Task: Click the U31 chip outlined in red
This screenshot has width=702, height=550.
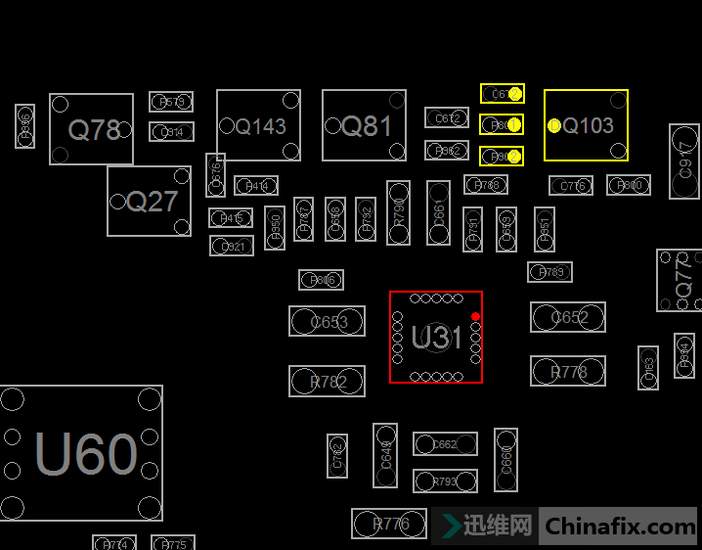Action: coord(435,338)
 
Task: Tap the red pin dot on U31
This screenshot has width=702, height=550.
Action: coord(475,316)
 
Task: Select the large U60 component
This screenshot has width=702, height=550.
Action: coord(82,453)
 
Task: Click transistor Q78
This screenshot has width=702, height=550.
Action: coord(92,129)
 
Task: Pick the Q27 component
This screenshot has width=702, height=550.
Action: coord(150,201)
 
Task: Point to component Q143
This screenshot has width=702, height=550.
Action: coord(258,125)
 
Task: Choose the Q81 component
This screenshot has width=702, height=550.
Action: coord(364,125)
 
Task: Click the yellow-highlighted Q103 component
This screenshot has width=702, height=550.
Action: coord(587,125)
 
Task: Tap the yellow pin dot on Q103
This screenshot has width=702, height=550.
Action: coord(554,125)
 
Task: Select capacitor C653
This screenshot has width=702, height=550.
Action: coord(327,321)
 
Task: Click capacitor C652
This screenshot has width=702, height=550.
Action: coord(568,317)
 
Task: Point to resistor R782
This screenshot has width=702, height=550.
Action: coord(327,382)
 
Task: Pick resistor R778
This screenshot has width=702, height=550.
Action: coord(568,371)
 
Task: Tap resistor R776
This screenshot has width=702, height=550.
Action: coord(390,524)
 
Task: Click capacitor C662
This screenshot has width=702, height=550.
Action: coord(445,444)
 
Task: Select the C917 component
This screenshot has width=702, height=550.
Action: coord(684,160)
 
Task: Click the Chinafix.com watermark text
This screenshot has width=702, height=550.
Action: coord(620,527)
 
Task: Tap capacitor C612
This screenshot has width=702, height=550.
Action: coord(447,117)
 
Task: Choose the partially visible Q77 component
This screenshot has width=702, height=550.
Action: coord(680,281)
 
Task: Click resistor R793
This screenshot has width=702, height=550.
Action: coord(445,481)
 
